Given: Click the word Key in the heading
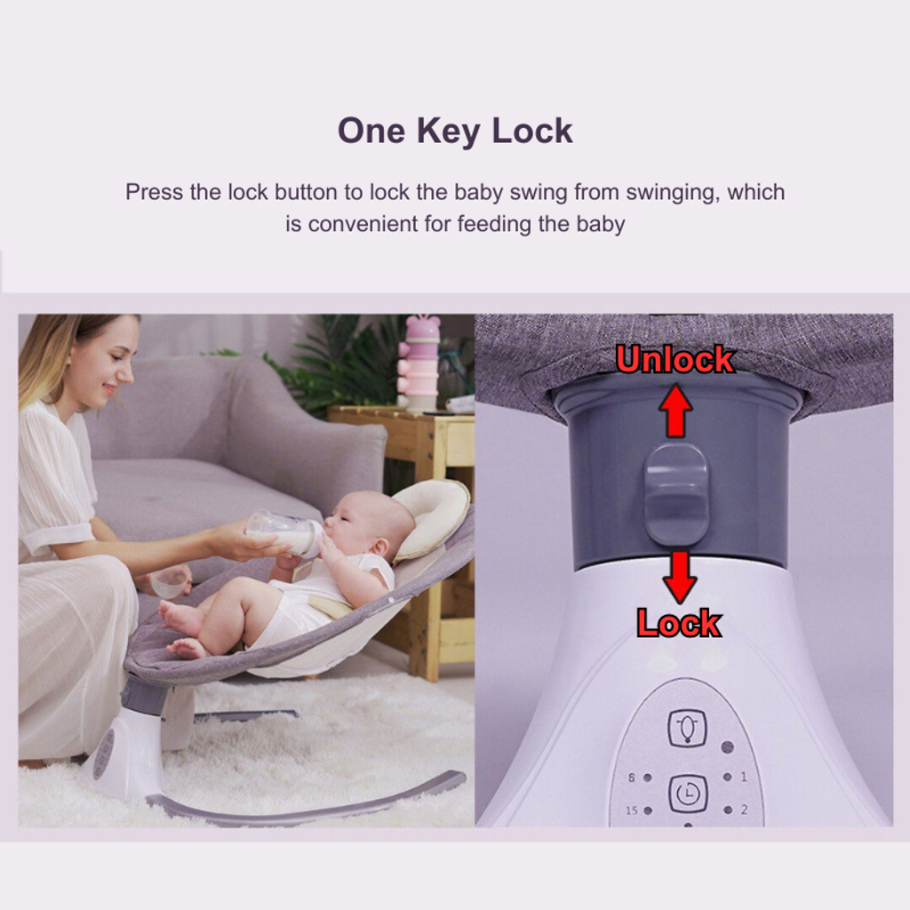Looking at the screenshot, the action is [448, 132].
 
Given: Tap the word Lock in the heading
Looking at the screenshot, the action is [532, 132].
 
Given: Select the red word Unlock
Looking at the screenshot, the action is [675, 360].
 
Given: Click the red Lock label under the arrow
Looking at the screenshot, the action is [678, 623].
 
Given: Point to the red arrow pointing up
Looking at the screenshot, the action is [675, 409].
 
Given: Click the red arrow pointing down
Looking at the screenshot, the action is [679, 577].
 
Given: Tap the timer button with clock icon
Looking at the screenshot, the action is [689, 794].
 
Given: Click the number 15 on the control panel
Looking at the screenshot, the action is [632, 810].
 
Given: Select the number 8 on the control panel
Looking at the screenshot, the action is [632, 777].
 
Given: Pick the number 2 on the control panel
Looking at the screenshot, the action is [744, 809].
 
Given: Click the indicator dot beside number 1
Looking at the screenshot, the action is [727, 777].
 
